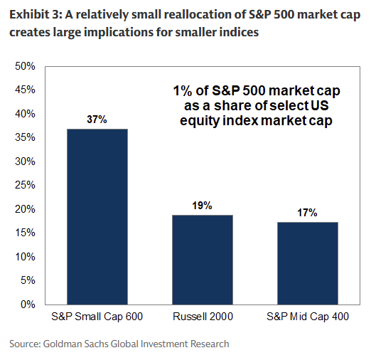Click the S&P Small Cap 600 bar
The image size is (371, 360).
(97, 216)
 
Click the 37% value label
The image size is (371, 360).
(97, 120)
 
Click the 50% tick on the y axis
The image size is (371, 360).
(26, 66)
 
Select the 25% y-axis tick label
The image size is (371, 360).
(26, 185)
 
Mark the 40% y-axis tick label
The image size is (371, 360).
(26, 114)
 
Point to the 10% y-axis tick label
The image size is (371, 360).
(26, 256)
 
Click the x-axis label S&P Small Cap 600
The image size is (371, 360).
(97, 316)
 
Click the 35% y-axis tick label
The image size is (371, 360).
(26, 137)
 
